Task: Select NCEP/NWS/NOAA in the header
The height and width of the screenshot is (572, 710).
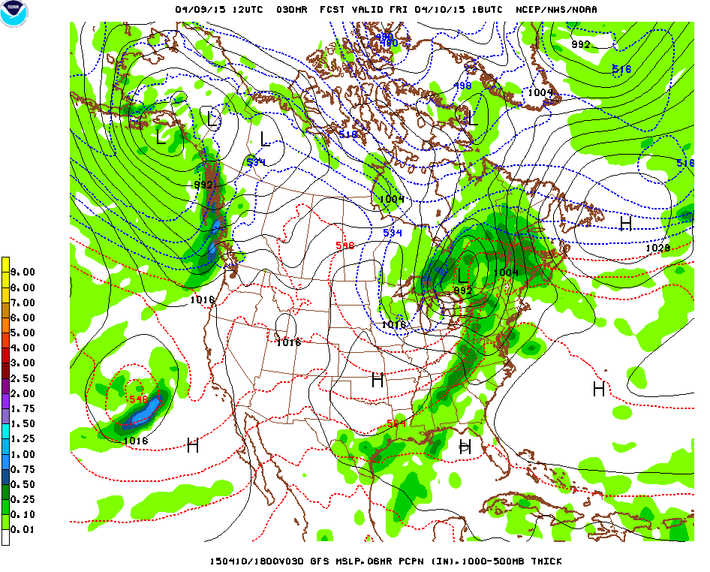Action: [x=558, y=10]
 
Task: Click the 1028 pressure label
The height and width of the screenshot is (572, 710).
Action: [x=657, y=248]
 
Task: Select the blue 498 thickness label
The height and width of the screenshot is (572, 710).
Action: [x=462, y=86]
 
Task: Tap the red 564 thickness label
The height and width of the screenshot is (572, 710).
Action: [x=396, y=423]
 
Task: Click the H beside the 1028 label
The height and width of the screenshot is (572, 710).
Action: [x=625, y=223]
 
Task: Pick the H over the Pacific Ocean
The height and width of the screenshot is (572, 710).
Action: [x=193, y=445]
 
